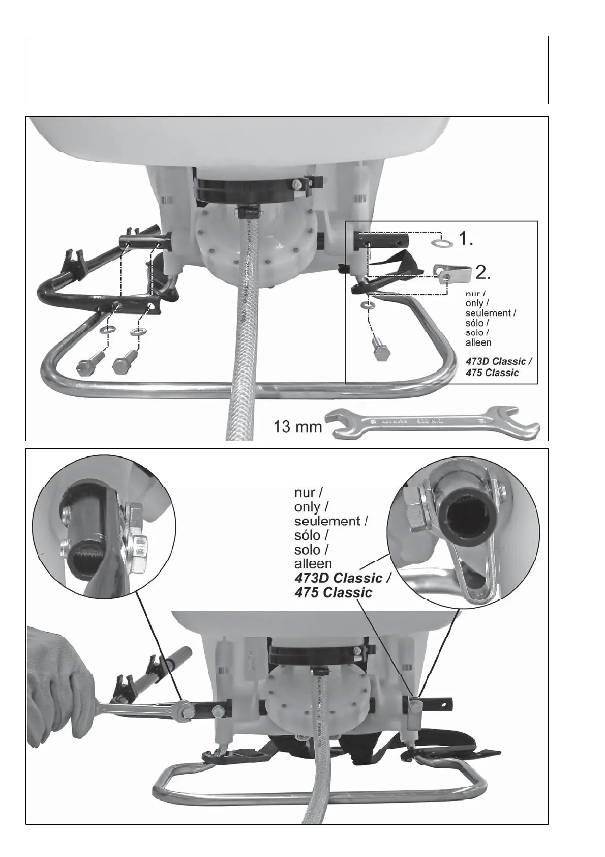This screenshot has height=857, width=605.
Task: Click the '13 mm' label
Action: coord(297,426)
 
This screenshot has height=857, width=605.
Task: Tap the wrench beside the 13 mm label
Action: coord(432,422)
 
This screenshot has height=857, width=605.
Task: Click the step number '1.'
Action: coord(466,238)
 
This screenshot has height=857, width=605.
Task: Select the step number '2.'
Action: coord(483,273)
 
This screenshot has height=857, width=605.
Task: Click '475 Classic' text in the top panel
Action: coord(492,373)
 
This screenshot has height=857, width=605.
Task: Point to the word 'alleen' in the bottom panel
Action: coord(313,564)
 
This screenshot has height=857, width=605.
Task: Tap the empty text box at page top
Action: coord(287,70)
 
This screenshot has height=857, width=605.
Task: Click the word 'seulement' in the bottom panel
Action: coord(330,521)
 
